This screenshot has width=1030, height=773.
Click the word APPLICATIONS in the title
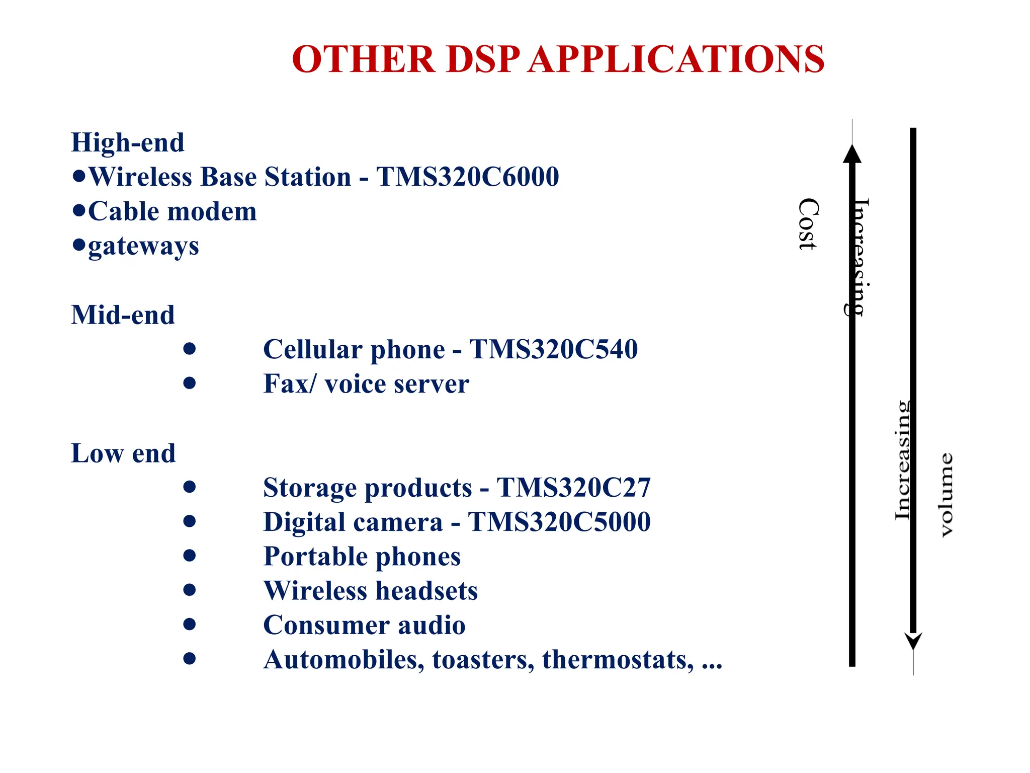click(676, 59)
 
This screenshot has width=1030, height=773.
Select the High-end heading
click(128, 142)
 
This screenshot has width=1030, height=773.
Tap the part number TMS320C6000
click(467, 177)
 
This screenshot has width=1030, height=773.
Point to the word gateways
click(143, 247)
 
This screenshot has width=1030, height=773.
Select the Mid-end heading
click(123, 315)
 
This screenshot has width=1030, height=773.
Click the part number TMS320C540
click(553, 349)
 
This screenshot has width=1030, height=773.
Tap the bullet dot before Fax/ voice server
click(189, 383)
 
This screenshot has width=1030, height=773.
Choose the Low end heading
click(123, 453)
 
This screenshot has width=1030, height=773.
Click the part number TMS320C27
click(573, 488)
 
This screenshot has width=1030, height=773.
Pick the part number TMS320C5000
click(559, 522)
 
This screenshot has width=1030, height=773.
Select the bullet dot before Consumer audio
click(189, 625)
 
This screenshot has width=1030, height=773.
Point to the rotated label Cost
click(808, 224)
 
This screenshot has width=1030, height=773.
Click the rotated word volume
click(947, 495)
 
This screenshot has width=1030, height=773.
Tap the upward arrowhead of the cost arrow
click(852, 154)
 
